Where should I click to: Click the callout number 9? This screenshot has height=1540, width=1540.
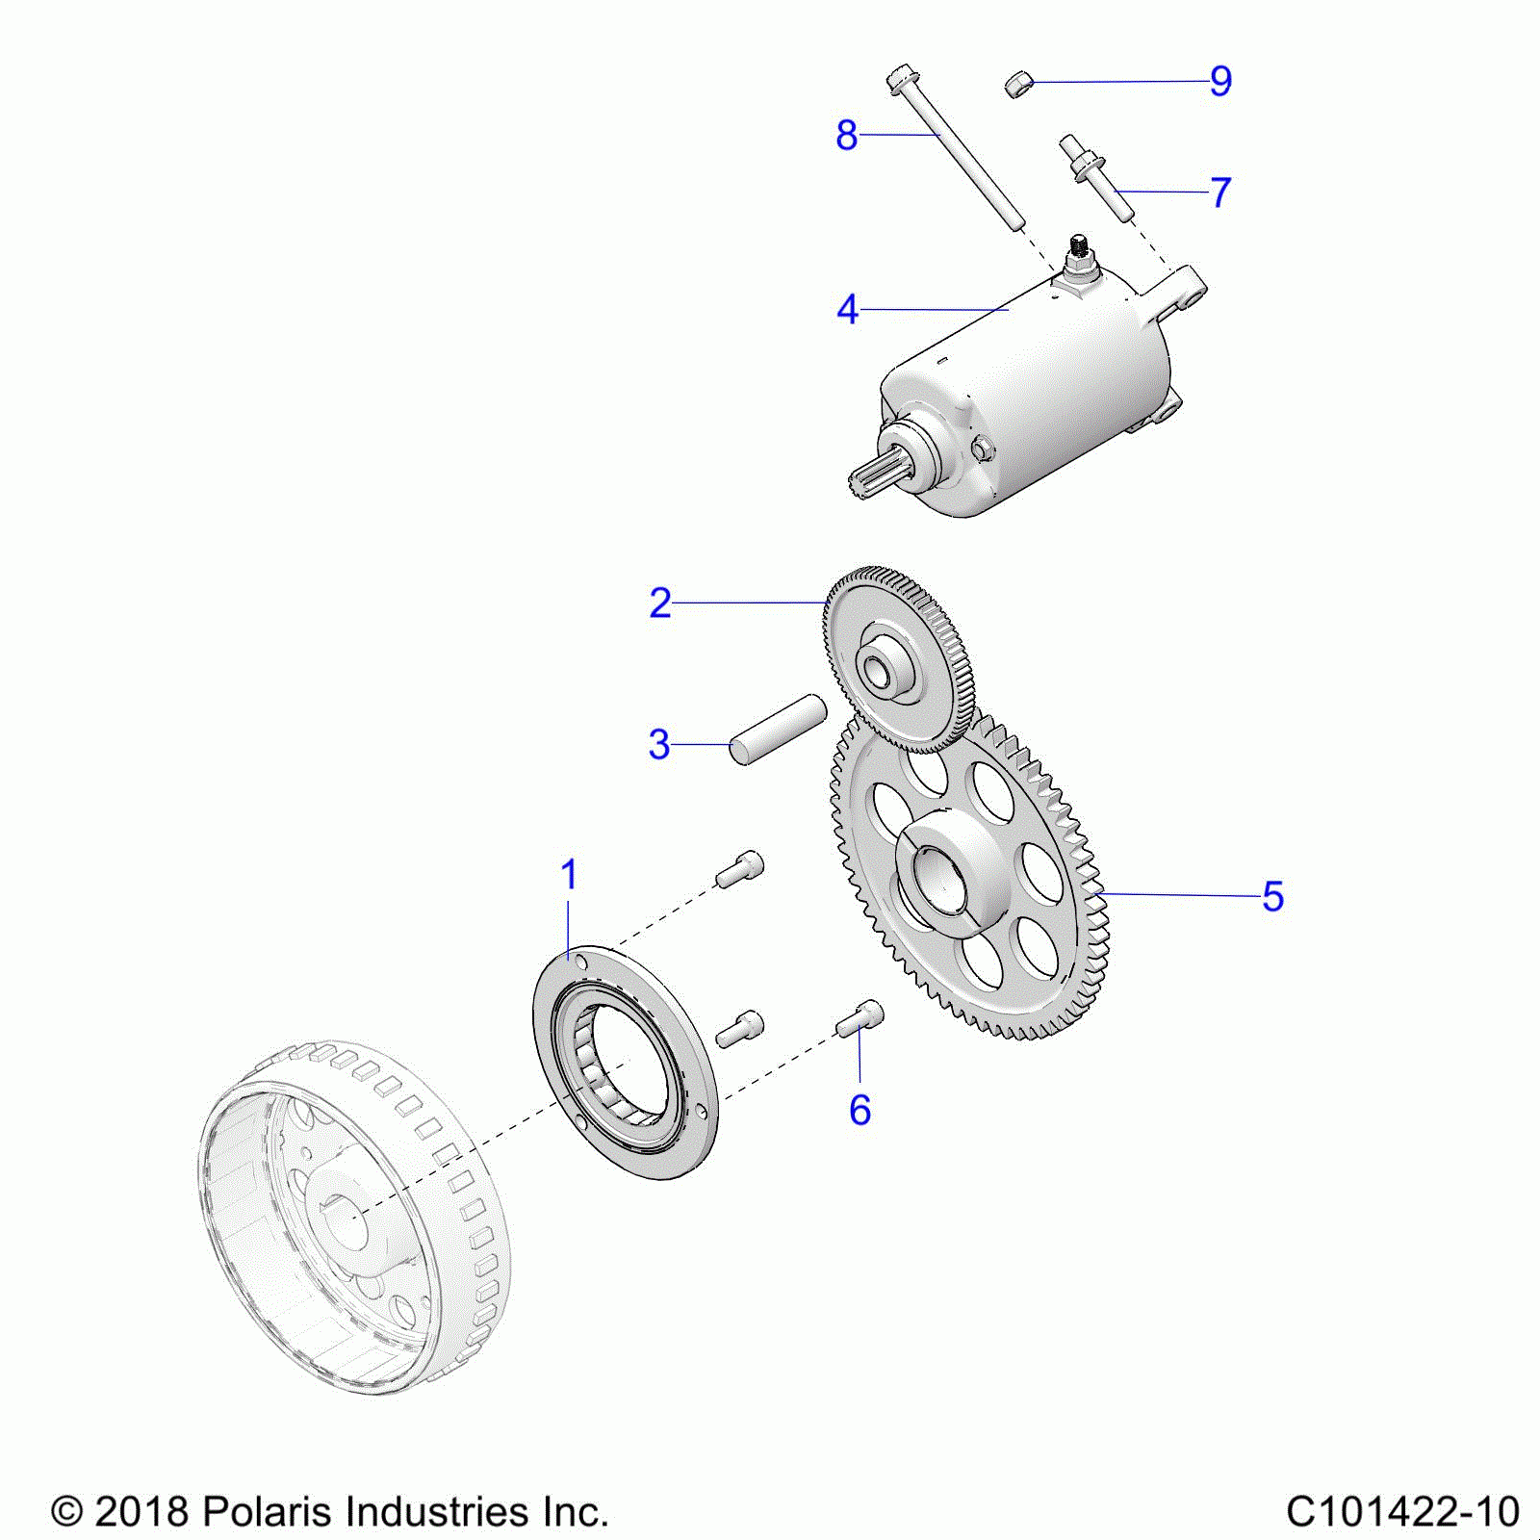(x=1220, y=81)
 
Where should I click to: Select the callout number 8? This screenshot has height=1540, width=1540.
(x=846, y=136)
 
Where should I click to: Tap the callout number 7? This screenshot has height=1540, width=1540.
(x=1220, y=192)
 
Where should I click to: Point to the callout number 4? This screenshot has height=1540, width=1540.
(x=847, y=310)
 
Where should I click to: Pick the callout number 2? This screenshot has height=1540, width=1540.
(x=660, y=603)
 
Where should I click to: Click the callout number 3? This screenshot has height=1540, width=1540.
(x=659, y=744)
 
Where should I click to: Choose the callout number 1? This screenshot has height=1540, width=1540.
(x=569, y=875)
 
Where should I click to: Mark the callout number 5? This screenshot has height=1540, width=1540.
(x=1272, y=896)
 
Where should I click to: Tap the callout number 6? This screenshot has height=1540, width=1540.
(x=860, y=1110)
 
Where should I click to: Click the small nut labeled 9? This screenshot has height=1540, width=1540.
(x=1018, y=84)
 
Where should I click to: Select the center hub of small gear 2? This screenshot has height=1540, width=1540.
(x=882, y=666)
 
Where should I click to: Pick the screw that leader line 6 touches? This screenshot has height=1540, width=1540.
(x=860, y=1017)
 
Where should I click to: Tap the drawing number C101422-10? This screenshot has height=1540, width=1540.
(x=1402, y=1512)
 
